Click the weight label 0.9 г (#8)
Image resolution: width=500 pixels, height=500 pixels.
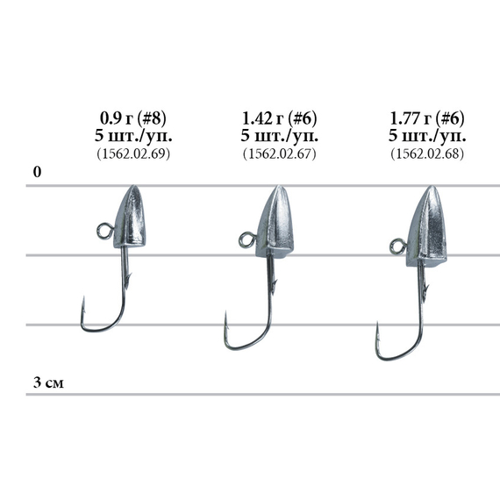pyautogui.click(x=133, y=118)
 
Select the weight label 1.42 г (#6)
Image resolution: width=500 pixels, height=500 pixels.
pyautogui.click(x=279, y=118)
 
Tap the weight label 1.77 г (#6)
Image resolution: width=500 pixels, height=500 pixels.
pyautogui.click(x=427, y=118)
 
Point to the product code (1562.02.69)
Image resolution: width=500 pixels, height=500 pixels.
pyautogui.click(x=133, y=154)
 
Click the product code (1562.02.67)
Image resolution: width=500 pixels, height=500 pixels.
pyautogui.click(x=279, y=154)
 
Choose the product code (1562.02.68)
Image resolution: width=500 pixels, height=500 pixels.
pyautogui.click(x=427, y=154)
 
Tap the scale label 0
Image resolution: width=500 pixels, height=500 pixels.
pyautogui.click(x=38, y=172)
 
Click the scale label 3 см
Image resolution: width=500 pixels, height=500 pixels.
pyautogui.click(x=48, y=382)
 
